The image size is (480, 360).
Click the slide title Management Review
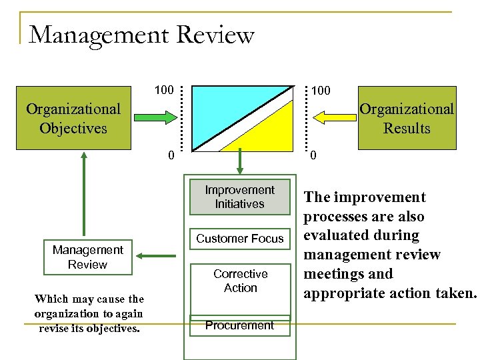[x=142, y=35]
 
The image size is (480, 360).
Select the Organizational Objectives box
[x=73, y=117]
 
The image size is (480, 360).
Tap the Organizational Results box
[x=407, y=117]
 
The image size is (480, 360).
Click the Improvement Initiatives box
[x=239, y=197]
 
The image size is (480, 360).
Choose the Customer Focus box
[x=239, y=239]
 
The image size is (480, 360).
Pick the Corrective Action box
[x=240, y=281]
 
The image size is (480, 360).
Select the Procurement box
[x=239, y=325]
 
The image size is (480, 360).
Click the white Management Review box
[x=87, y=257]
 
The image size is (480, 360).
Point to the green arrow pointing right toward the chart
[x=155, y=117]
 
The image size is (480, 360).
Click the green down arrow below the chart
[x=239, y=164]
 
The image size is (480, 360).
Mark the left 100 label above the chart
[x=164, y=89]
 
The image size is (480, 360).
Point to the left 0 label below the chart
[x=171, y=157]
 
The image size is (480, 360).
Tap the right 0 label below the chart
[x=314, y=157]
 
